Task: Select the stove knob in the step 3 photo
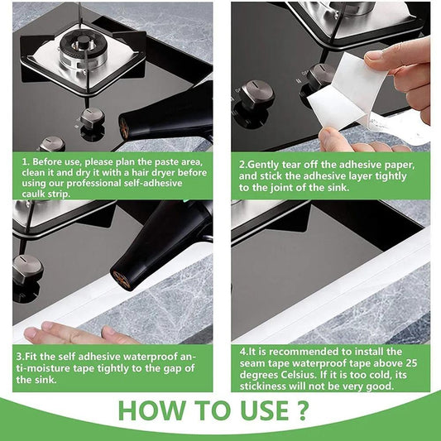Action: click(x=26, y=270)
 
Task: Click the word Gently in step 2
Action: click(x=265, y=163)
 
